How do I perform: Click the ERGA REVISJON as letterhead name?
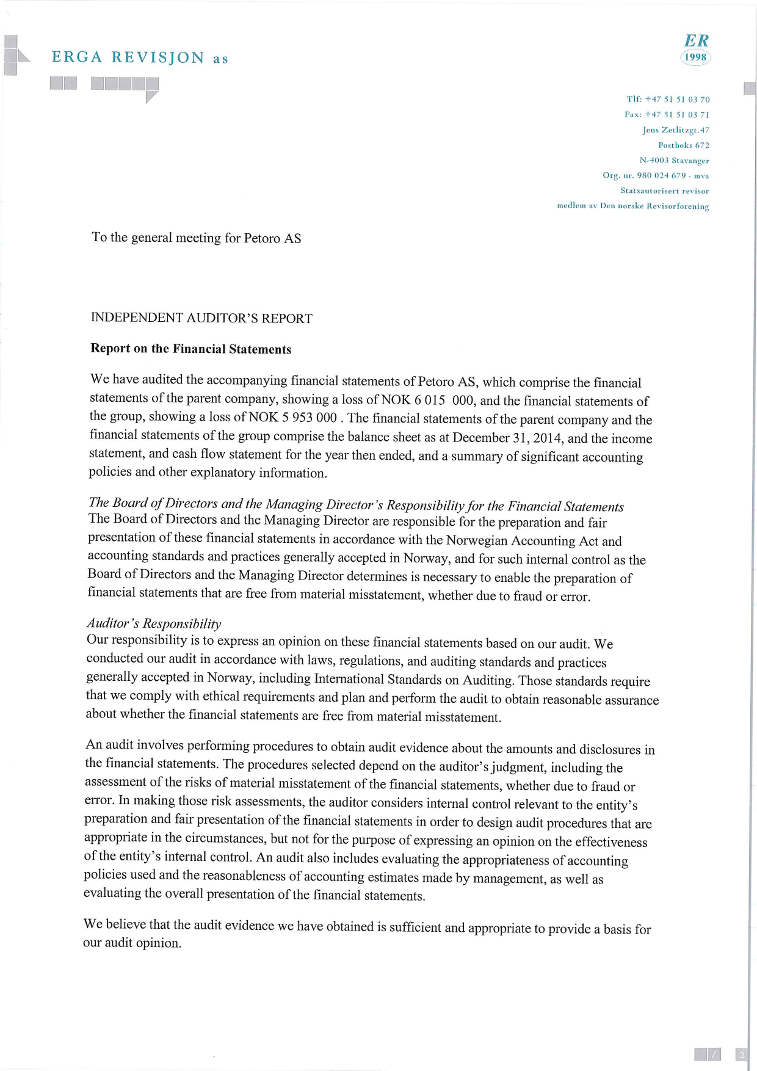click(140, 58)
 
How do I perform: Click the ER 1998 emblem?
click(695, 49)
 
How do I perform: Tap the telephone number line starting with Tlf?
click(668, 100)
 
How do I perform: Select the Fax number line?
click(667, 115)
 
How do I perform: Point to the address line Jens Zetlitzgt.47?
click(676, 130)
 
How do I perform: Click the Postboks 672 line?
click(684, 145)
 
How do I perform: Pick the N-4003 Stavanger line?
click(674, 161)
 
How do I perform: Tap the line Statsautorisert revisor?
click(664, 191)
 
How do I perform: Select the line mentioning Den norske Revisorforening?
click(633, 206)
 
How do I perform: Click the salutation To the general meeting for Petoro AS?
click(196, 238)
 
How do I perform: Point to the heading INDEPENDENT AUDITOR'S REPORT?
click(201, 318)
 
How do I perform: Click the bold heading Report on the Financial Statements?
click(190, 349)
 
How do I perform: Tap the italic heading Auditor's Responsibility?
click(154, 623)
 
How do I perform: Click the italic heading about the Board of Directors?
click(356, 504)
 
